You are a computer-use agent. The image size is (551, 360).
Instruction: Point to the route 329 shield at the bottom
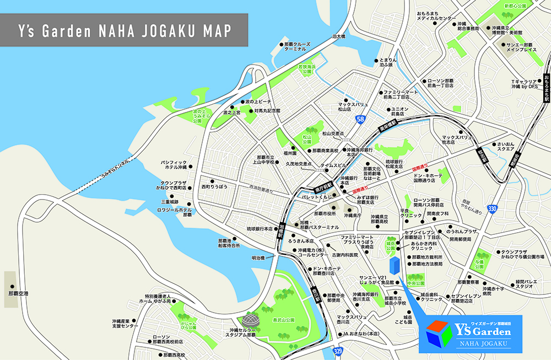click(x=337, y=351)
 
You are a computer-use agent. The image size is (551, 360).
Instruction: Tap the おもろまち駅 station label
click(x=546, y=88)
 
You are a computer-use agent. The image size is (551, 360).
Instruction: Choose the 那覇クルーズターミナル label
click(x=299, y=46)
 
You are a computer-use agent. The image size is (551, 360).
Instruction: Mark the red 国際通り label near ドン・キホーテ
click(x=420, y=167)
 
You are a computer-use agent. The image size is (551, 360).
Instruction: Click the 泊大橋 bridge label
click(x=338, y=36)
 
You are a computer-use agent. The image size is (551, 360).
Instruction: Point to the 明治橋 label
click(x=258, y=257)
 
